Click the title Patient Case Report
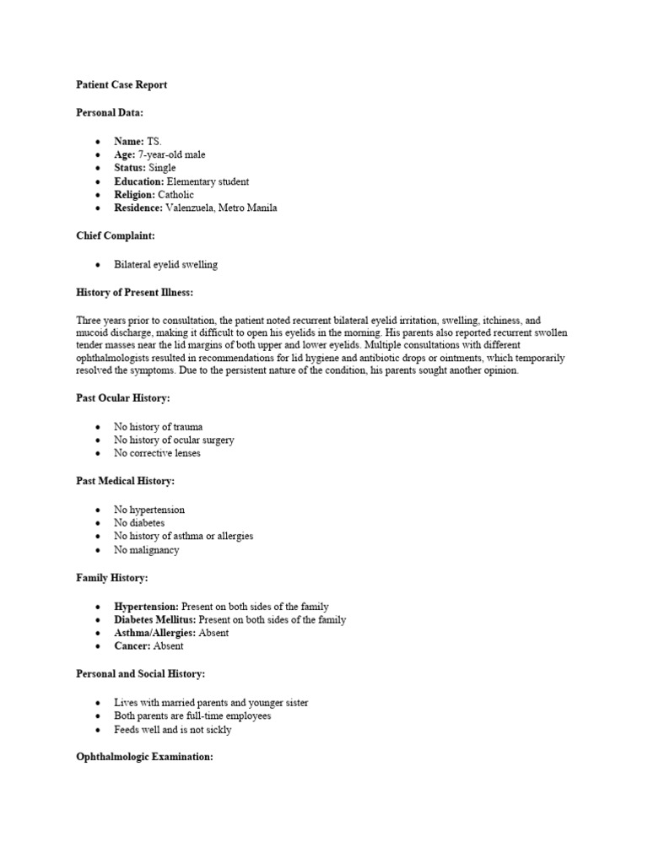121,85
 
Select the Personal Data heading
110,112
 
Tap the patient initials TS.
154,141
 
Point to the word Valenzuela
193,208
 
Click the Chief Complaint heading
116,236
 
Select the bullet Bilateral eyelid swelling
165,264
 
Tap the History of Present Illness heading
135,292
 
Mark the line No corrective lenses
158,453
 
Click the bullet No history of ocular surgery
174,440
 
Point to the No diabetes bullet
139,523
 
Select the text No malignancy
147,550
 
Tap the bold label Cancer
133,646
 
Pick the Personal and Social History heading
141,674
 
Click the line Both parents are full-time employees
192,715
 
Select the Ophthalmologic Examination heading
144,757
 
